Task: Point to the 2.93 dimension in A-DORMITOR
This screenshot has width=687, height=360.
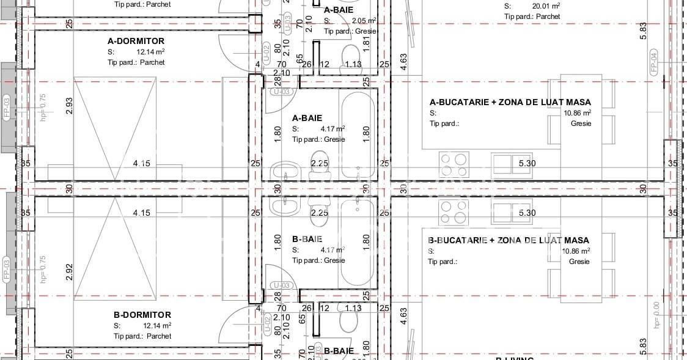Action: [x=69, y=105]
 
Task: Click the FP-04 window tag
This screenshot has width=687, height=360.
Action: [x=653, y=64]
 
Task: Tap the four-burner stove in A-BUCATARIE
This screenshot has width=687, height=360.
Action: [x=454, y=163]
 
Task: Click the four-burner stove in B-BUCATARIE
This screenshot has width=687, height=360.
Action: [x=454, y=212]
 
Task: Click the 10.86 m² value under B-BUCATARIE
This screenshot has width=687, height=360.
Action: [x=576, y=251]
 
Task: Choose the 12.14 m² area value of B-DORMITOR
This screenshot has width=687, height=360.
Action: [x=157, y=326]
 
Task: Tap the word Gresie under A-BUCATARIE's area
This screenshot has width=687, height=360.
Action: [x=581, y=123]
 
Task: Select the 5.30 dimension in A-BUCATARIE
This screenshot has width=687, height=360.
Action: [x=527, y=163]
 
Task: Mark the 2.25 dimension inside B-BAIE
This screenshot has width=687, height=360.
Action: [x=320, y=213]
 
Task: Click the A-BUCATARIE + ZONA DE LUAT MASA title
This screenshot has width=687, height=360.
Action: [x=510, y=102]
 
